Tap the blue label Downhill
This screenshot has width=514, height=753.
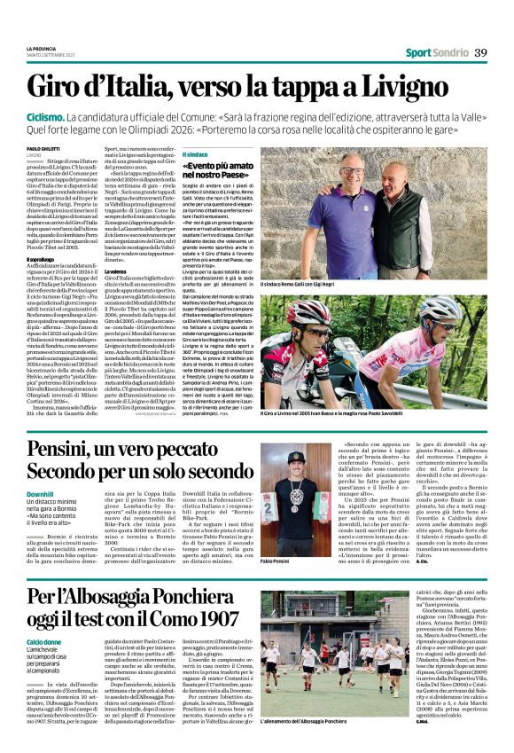pos(40,492)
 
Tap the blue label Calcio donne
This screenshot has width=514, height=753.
pos(44,640)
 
